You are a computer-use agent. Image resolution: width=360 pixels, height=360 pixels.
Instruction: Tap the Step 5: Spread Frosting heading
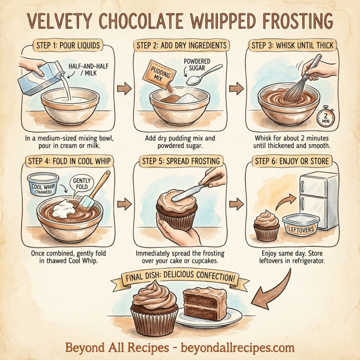[179, 161]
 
